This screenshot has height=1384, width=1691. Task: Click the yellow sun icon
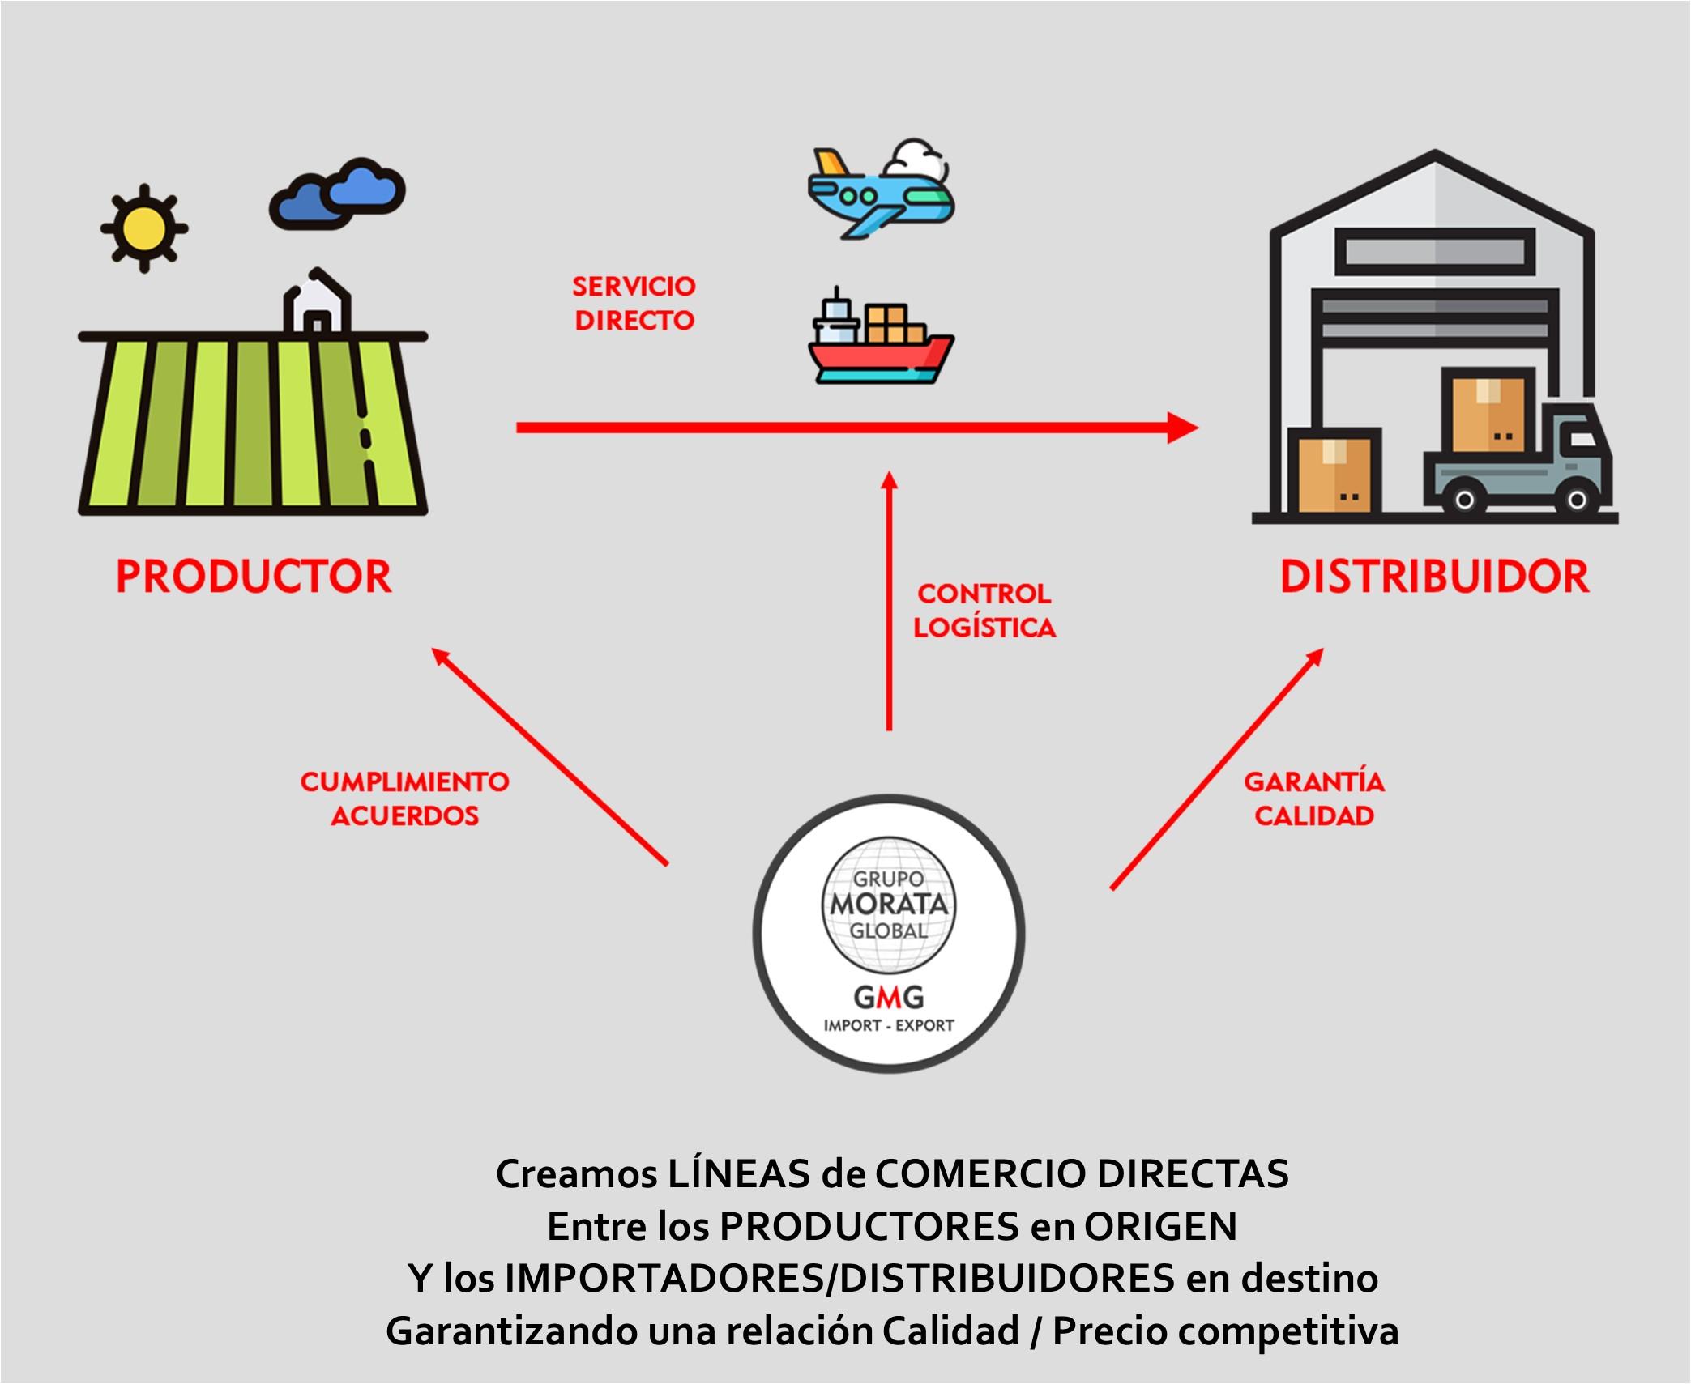[x=144, y=228]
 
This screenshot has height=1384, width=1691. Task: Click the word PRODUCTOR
[x=254, y=577]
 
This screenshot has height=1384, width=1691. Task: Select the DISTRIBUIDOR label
[x=1434, y=577]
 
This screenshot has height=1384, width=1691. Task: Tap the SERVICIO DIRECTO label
[x=634, y=304]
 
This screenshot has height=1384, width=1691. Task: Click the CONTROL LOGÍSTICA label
[x=984, y=611]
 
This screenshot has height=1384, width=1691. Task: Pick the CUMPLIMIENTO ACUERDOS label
[x=404, y=798]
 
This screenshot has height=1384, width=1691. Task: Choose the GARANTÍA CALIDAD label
[x=1314, y=798]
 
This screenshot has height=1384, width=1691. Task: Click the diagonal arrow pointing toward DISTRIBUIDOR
[x=1215, y=769]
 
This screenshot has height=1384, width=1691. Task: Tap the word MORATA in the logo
[x=889, y=904]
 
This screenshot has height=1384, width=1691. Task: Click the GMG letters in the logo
[x=889, y=996]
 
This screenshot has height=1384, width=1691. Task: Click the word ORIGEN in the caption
[x=1160, y=1226]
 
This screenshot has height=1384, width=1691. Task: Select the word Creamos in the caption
[x=576, y=1173]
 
